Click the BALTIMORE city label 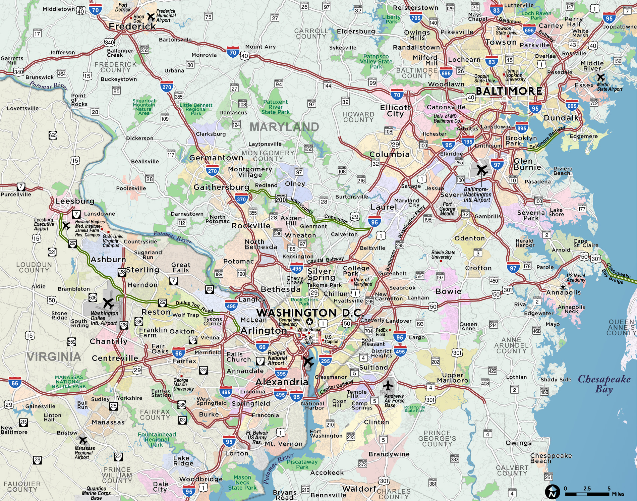coord(509,91)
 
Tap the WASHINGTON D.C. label coord(310,313)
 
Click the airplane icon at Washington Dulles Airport coord(108,303)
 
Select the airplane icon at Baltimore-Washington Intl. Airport coord(482,170)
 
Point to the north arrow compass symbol coord(552,492)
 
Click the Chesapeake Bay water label coord(604,384)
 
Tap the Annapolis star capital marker coord(563,286)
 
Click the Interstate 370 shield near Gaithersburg coord(241,199)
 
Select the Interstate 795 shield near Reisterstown coord(416,18)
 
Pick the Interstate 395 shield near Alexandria coord(281,373)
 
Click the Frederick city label coord(132,26)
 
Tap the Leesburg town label coord(75,201)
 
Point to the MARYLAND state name coord(284,127)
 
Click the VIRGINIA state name coord(54,357)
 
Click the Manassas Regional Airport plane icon coord(82,440)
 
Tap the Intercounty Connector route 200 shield coord(281,199)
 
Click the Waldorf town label coord(359,489)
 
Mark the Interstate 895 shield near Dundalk coord(522,128)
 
